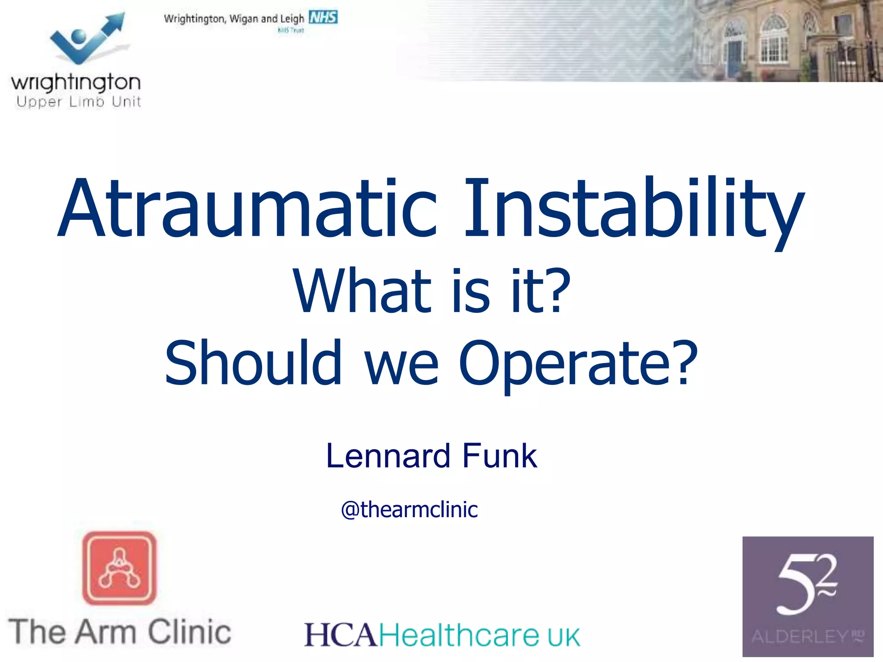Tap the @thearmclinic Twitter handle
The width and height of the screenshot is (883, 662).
tap(409, 509)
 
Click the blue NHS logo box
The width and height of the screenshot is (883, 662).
tap(323, 18)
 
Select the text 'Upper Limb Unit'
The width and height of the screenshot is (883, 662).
tap(78, 102)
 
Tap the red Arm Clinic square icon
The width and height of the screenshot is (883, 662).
tap(119, 568)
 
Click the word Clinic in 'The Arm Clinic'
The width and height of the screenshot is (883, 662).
tap(189, 632)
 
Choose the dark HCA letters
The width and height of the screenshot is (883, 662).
tap(341, 635)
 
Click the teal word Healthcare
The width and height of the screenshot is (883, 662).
tap(459, 635)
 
